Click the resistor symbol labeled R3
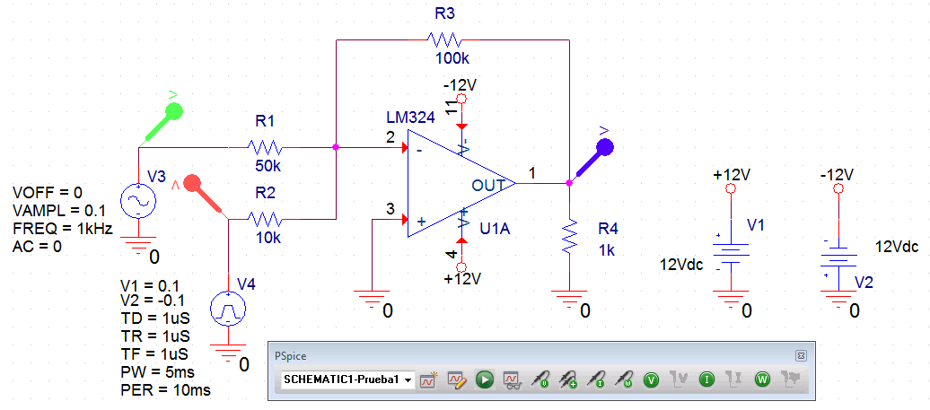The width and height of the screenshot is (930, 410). point(444,39)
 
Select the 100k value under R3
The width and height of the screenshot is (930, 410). point(452,59)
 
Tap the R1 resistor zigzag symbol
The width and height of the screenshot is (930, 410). point(265,146)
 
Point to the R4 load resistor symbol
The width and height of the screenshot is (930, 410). point(568,237)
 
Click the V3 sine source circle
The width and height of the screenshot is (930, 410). point(140,202)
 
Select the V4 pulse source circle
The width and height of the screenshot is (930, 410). point(228,310)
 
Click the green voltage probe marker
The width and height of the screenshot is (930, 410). point(174,111)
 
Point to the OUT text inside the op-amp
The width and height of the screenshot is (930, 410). point(490,185)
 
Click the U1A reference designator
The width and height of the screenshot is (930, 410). point(495,228)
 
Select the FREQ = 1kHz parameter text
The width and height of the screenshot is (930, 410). point(62,229)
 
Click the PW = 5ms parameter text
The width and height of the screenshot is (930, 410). point(157,372)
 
